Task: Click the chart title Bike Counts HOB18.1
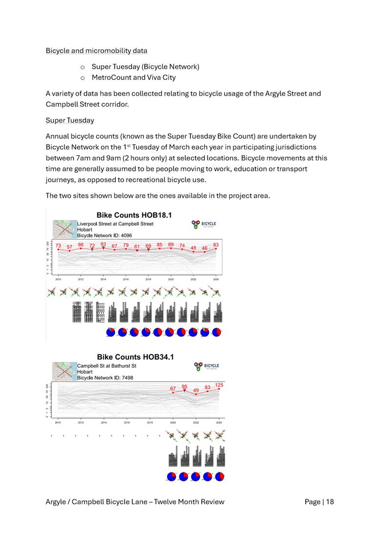[x=134, y=215]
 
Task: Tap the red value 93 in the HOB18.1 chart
[x=103, y=244]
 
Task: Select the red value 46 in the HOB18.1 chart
[x=204, y=248]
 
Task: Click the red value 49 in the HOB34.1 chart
[x=196, y=390]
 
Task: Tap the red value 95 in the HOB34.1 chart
[x=184, y=386]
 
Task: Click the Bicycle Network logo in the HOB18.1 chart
[x=204, y=225]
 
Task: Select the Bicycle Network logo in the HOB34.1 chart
[x=206, y=366]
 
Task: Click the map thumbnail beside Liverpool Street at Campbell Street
[x=65, y=228]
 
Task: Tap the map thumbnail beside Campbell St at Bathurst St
[x=65, y=370]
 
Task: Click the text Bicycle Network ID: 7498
[x=105, y=378]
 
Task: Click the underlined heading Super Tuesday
[x=70, y=120]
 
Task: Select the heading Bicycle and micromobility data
[x=96, y=50]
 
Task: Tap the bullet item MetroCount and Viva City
[x=134, y=77]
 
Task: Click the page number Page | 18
[x=319, y=501]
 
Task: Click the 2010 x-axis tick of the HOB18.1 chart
[x=58, y=280]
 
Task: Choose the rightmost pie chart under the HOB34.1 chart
[x=219, y=476]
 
